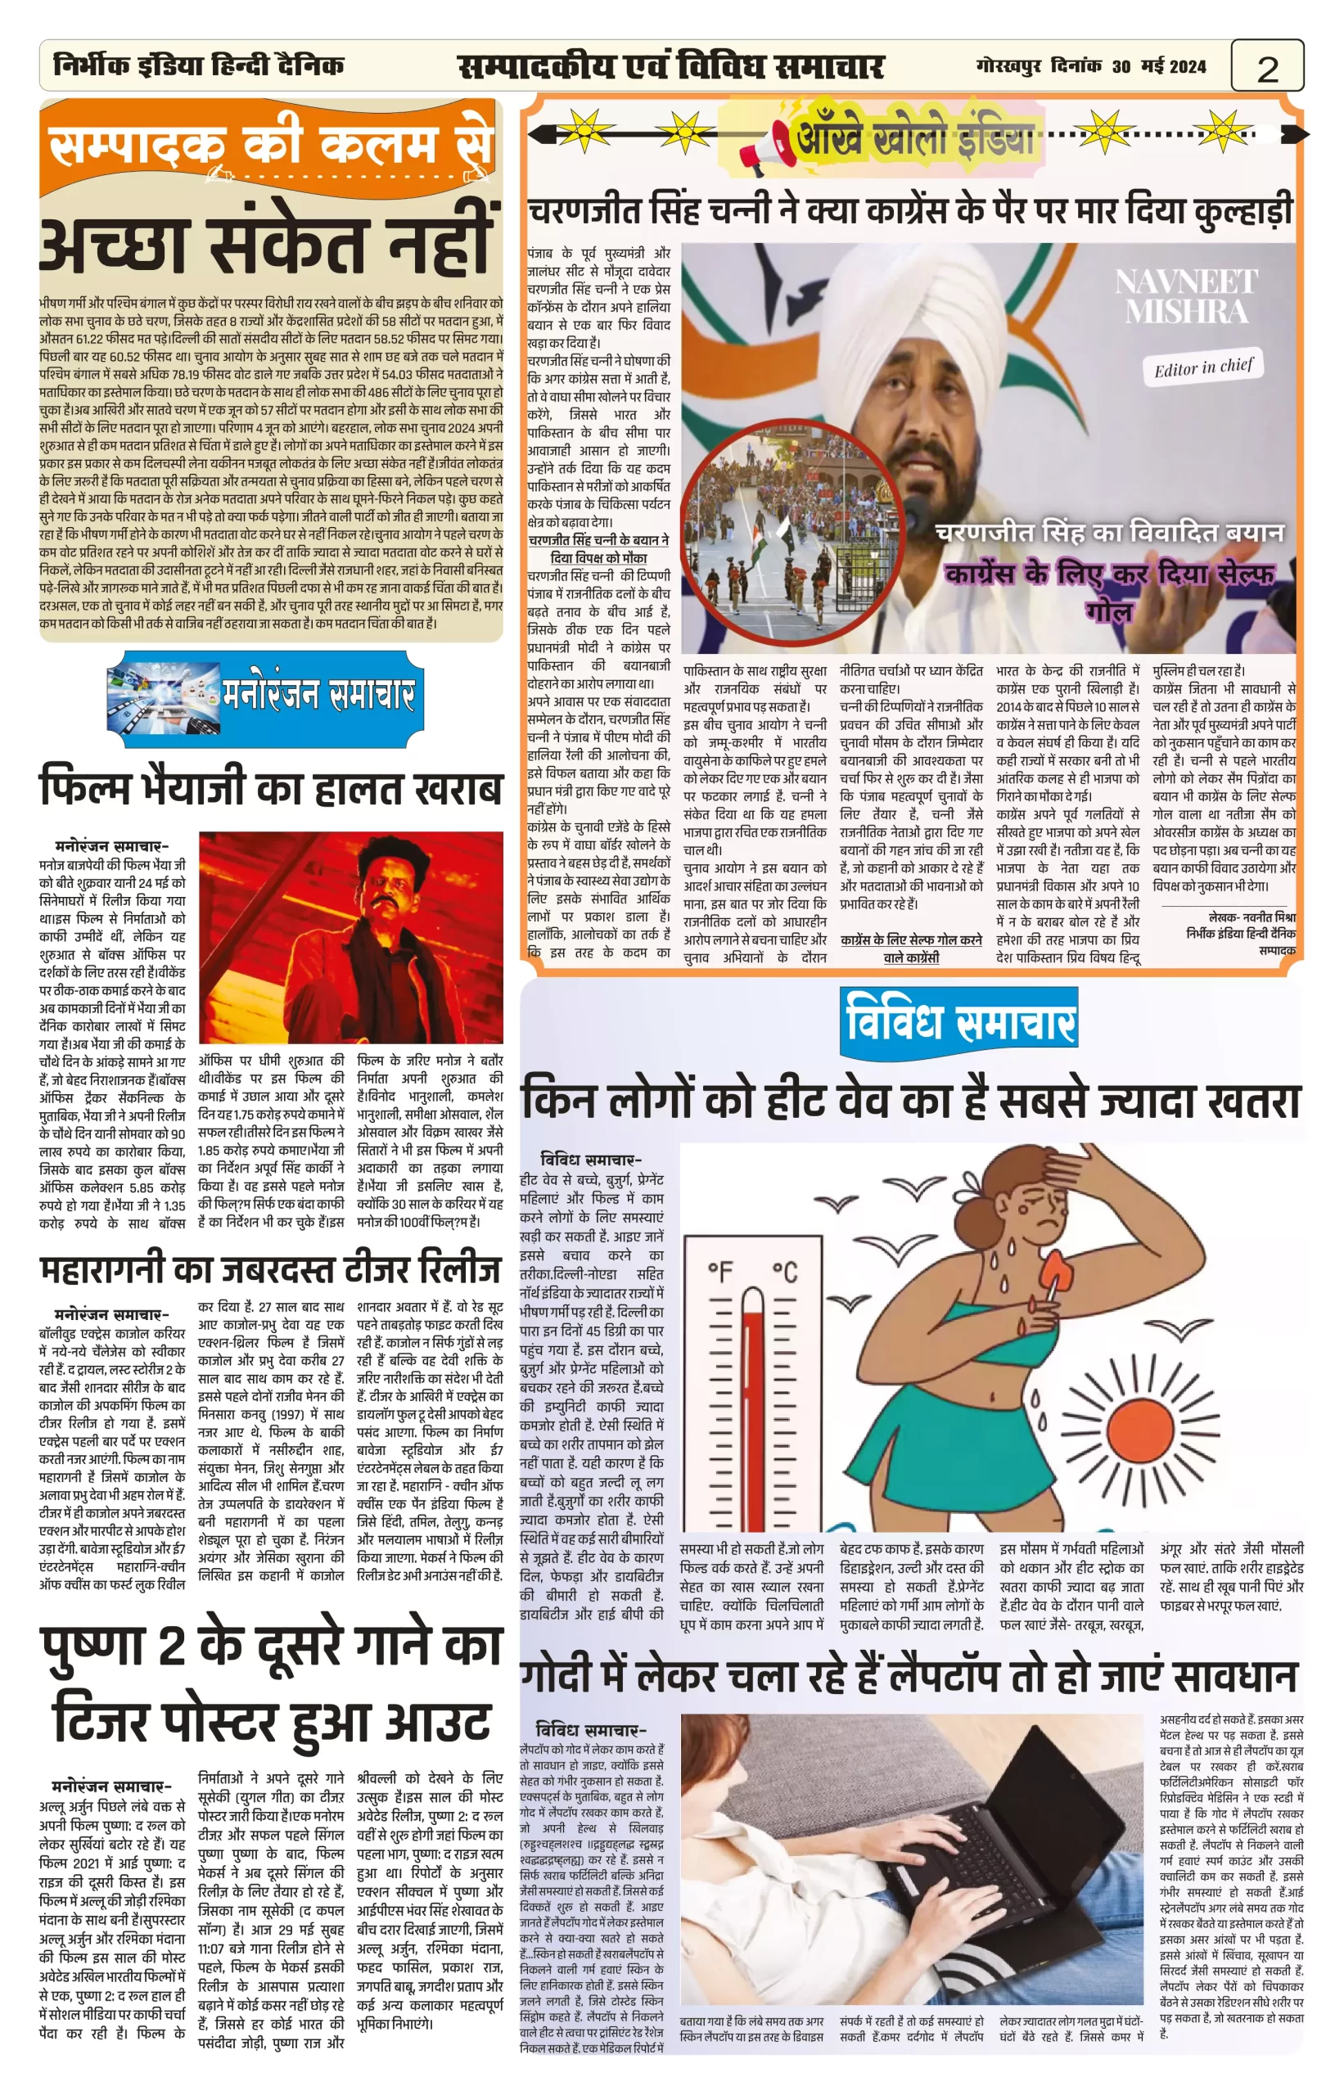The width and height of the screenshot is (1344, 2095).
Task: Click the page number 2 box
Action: click(x=1266, y=67)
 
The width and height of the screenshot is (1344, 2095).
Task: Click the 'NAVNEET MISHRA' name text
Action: click(x=1186, y=297)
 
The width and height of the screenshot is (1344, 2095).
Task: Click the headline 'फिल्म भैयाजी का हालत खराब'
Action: click(x=271, y=788)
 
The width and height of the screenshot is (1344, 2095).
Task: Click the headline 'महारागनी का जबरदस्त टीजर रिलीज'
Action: click(x=271, y=1270)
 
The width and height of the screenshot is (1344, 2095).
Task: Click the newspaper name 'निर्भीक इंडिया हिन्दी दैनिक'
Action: click(x=199, y=65)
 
